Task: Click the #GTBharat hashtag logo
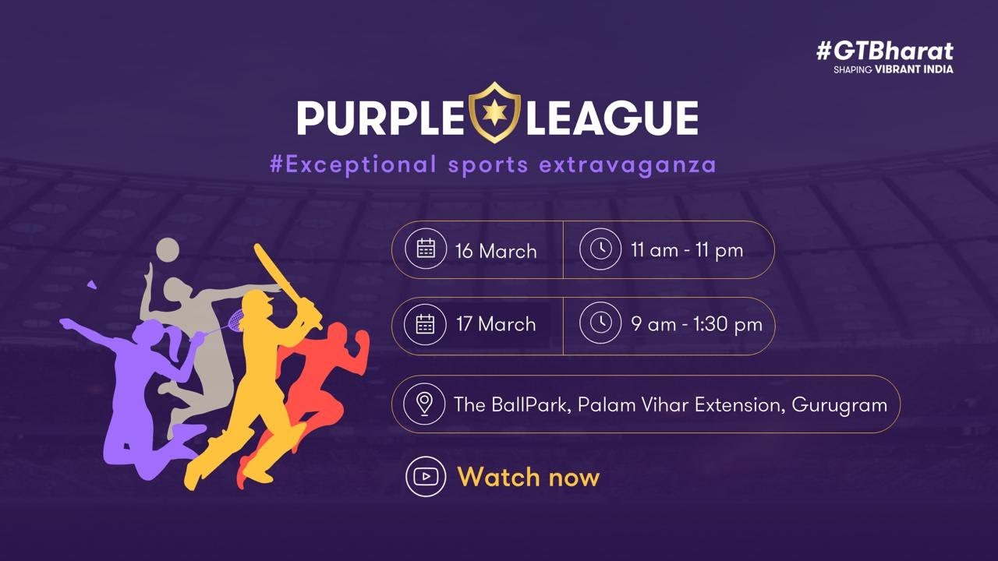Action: (x=884, y=51)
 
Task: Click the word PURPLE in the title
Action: (x=379, y=118)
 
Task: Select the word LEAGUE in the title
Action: (x=610, y=118)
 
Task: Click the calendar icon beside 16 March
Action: (x=426, y=249)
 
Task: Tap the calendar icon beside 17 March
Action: (x=426, y=323)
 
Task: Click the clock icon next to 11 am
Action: (x=600, y=249)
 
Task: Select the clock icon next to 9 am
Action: (x=600, y=323)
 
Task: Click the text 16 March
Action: (x=496, y=251)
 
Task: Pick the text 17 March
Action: (x=496, y=324)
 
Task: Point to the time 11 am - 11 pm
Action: (x=687, y=251)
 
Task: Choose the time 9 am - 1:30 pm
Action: (x=696, y=324)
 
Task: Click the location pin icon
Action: (x=424, y=404)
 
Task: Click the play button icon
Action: (x=426, y=476)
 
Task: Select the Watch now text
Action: (x=528, y=477)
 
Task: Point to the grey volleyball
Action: (x=168, y=250)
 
